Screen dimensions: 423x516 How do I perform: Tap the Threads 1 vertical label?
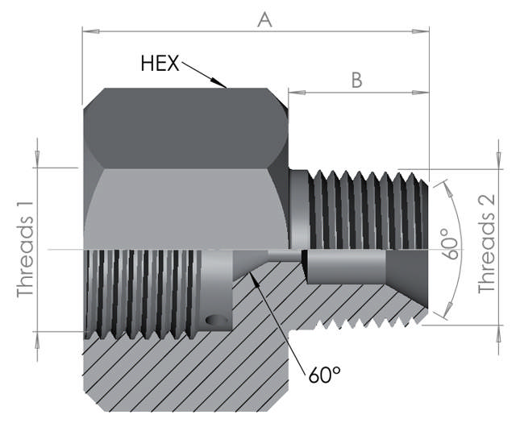pyautogui.click(x=27, y=251)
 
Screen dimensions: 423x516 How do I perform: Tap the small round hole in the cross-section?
pyautogui.click(x=216, y=321)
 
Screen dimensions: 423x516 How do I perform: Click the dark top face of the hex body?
pyautogui.click(x=185, y=125)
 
